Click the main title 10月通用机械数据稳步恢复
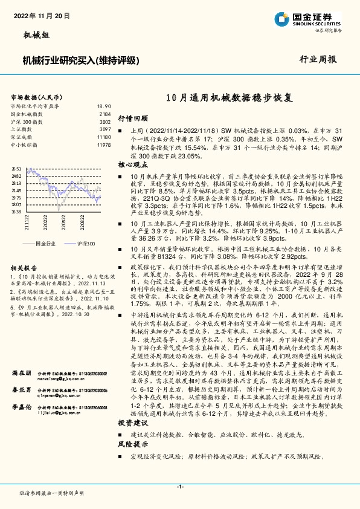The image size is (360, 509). click(x=231, y=97)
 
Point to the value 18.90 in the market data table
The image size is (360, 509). click(x=104, y=106)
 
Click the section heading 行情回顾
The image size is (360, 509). click(x=129, y=118)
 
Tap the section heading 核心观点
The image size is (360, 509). click(x=129, y=164)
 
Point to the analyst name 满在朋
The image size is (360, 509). click(x=21, y=357)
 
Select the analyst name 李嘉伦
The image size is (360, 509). click(x=21, y=391)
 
